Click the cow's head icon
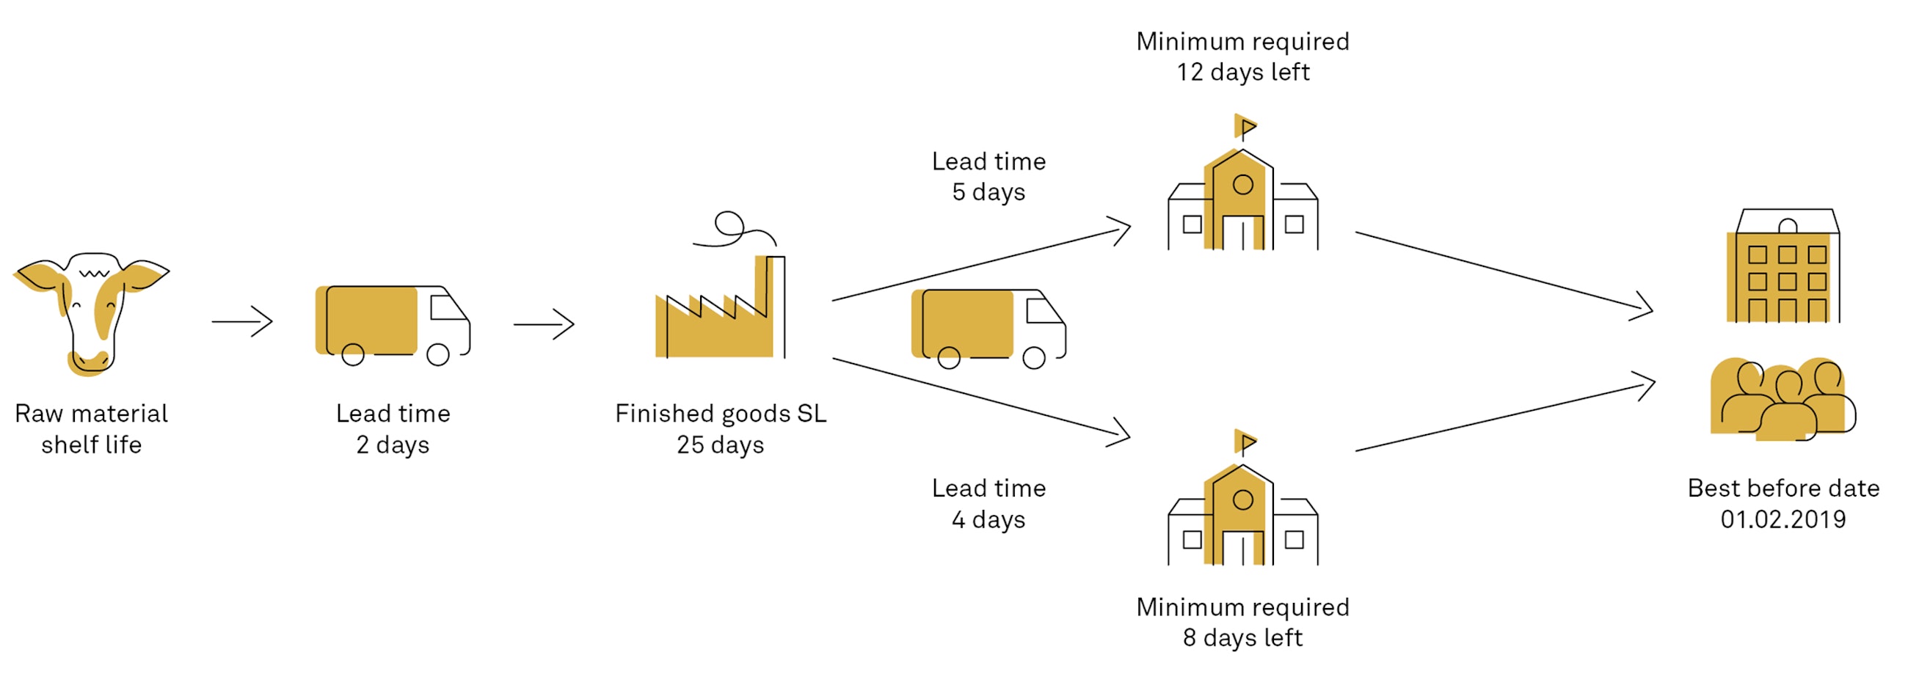(x=90, y=311)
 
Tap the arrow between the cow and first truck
(x=242, y=321)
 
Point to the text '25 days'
(x=720, y=444)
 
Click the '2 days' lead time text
(x=393, y=444)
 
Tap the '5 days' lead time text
(x=988, y=192)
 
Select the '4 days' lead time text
(x=988, y=519)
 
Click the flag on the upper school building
(x=1247, y=127)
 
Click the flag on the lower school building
(x=1247, y=442)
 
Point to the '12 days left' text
(x=1243, y=72)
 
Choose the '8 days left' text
(x=1243, y=637)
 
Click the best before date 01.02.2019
(x=1783, y=519)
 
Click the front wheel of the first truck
(x=438, y=355)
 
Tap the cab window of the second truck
(x=1043, y=311)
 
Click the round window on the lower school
(x=1243, y=500)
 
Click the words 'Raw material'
(x=91, y=413)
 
